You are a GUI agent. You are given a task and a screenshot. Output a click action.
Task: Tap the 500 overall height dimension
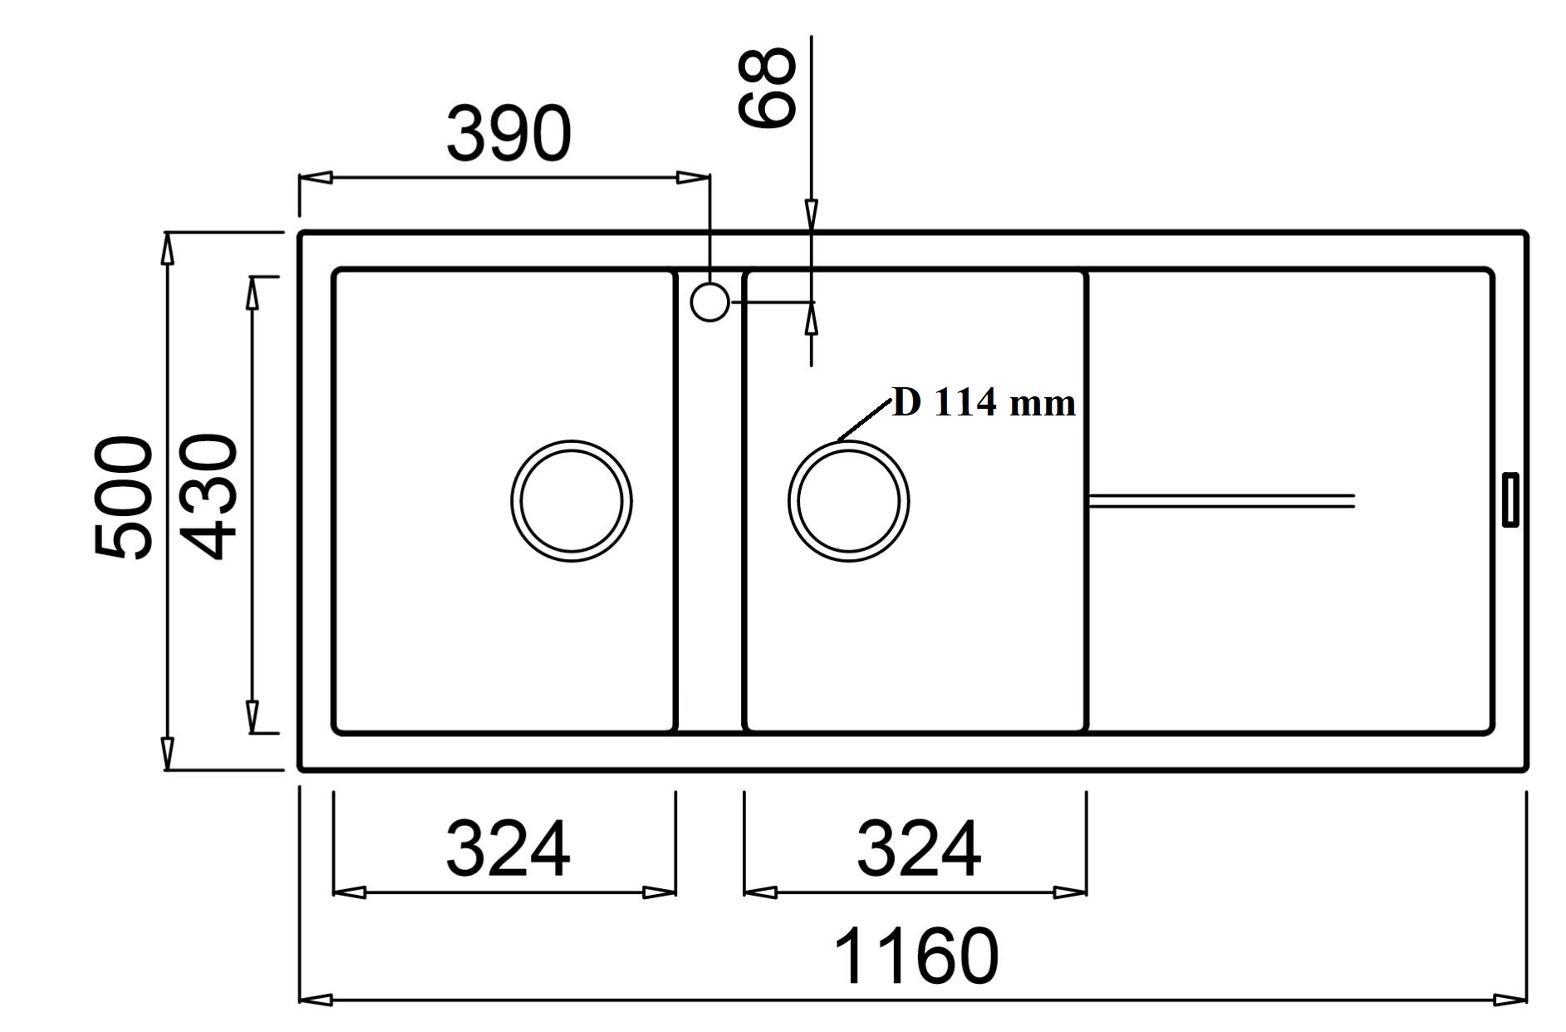(124, 499)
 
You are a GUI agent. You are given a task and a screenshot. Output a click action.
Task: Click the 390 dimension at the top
(508, 134)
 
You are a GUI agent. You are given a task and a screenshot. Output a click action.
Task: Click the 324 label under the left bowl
(508, 849)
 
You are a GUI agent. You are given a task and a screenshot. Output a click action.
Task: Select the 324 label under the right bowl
(919, 849)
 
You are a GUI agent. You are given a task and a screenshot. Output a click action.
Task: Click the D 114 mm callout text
(984, 404)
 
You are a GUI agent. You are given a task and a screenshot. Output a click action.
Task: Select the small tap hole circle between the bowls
(709, 302)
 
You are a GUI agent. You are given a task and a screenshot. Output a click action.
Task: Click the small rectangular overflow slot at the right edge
(1511, 499)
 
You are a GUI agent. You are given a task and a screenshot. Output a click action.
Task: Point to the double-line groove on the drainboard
(1221, 500)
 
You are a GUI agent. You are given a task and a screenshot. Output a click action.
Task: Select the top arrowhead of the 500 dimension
(168, 248)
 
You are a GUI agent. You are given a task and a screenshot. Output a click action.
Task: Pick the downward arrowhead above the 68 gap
(812, 214)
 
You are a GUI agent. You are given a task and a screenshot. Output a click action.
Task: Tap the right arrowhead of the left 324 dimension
(660, 893)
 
